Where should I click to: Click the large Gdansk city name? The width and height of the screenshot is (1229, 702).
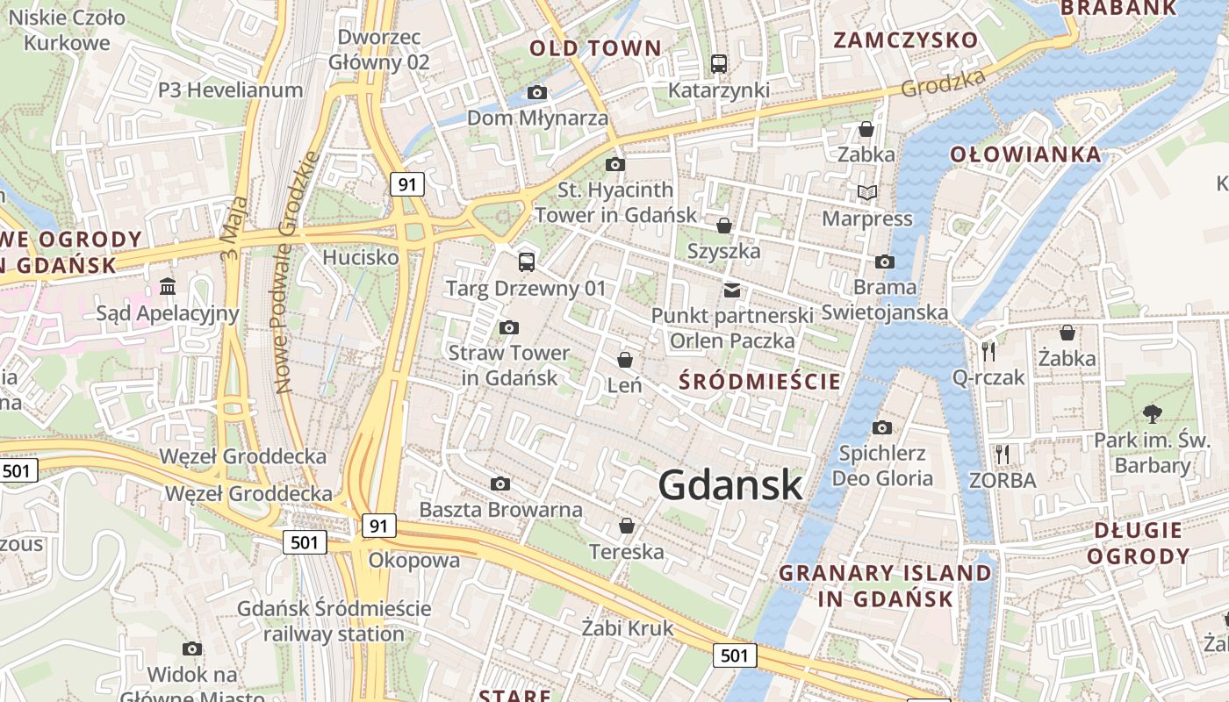[730, 484]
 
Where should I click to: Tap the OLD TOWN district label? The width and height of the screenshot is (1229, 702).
[595, 48]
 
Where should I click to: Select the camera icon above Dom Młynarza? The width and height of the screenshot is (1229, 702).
[537, 92]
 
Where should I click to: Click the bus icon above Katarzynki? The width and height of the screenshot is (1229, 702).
[719, 63]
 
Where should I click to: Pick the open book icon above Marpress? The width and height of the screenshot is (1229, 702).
[867, 192]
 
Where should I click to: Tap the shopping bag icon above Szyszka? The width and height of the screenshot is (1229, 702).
[724, 226]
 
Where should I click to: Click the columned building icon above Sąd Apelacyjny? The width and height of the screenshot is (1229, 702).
[168, 286]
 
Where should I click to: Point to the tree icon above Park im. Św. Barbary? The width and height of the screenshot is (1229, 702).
[1152, 413]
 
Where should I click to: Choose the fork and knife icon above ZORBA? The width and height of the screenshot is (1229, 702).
[1003, 454]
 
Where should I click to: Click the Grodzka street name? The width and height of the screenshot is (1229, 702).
[944, 84]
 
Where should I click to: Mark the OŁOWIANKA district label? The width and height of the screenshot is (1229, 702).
[1025, 155]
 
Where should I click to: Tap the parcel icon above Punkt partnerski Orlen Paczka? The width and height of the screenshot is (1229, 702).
[732, 290]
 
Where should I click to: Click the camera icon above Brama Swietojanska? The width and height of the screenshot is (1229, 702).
[885, 261]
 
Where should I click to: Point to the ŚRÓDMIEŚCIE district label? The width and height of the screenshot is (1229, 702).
[761, 382]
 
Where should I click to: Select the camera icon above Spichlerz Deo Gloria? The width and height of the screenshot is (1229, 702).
[882, 427]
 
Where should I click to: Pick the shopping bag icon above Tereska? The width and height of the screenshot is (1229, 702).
[627, 526]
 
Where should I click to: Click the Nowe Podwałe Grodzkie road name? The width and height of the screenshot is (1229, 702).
[296, 272]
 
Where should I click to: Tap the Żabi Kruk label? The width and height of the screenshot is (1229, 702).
[628, 628]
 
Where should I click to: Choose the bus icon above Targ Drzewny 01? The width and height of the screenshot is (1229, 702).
[527, 261]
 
